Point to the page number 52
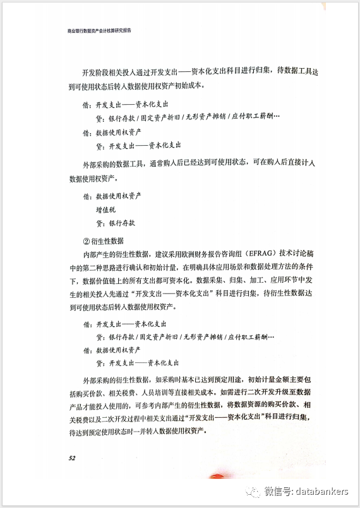click(74, 458)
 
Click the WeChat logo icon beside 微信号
click(253, 491)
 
